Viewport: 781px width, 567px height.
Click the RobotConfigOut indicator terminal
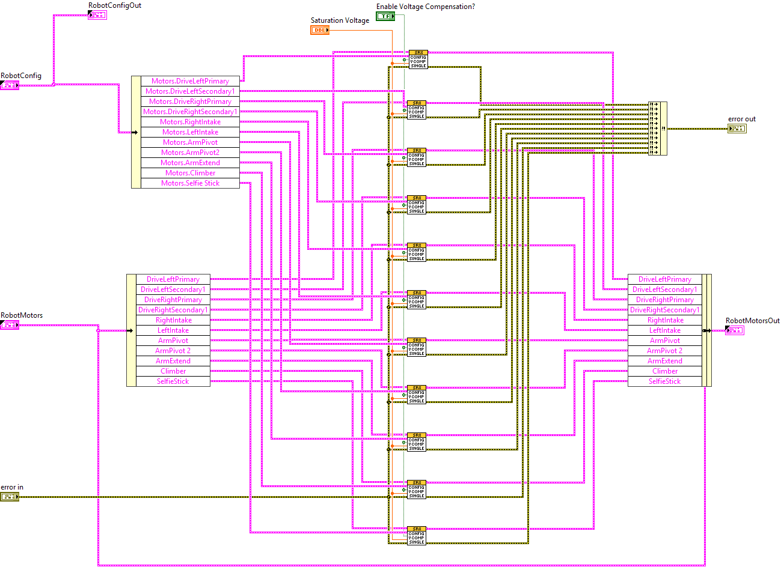[x=97, y=15]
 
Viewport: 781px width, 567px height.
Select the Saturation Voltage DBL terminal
[x=320, y=30]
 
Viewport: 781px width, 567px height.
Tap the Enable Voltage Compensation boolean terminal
[x=385, y=16]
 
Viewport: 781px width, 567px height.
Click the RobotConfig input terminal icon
[x=10, y=85]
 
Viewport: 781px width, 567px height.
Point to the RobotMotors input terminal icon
[x=10, y=325]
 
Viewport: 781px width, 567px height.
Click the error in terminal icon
[x=10, y=497]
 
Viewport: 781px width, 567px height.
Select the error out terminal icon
[x=737, y=129]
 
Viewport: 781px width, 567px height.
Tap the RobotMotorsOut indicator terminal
[x=734, y=330]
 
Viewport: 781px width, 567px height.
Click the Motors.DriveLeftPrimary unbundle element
[x=190, y=81]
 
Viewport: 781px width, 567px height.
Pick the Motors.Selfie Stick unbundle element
[x=190, y=183]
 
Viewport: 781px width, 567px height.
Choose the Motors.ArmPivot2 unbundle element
[x=190, y=153]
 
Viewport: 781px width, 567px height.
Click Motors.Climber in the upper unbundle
[x=190, y=173]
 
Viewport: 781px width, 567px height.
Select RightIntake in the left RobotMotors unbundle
[x=173, y=320]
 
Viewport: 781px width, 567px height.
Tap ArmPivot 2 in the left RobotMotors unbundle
[x=173, y=351]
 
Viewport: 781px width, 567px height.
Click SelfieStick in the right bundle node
[x=664, y=381]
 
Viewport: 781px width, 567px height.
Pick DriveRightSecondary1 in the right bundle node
[x=664, y=310]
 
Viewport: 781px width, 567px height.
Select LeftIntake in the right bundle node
[x=664, y=330]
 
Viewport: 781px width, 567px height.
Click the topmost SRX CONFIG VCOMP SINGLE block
[x=418, y=59]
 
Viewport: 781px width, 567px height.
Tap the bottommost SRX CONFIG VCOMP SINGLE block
[x=417, y=536]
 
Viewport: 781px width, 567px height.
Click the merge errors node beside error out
[x=658, y=129]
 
